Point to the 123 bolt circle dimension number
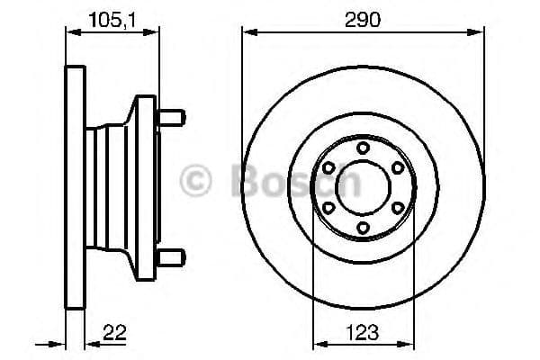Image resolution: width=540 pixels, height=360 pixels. (363, 332)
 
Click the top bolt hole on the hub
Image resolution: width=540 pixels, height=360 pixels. (363, 148)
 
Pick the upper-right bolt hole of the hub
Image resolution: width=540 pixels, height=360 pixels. (397, 167)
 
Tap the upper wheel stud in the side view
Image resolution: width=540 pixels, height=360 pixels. (171, 117)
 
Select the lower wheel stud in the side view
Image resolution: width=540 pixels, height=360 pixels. (171, 258)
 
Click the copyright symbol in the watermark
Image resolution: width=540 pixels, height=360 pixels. (197, 180)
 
